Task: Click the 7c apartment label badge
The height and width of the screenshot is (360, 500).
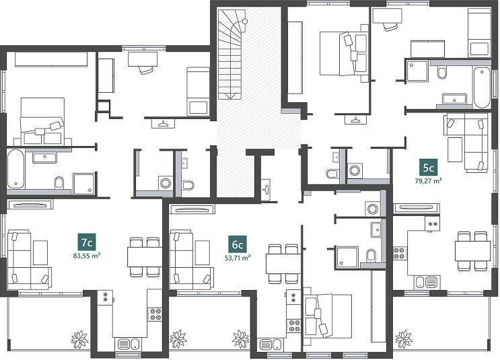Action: (x=87, y=242)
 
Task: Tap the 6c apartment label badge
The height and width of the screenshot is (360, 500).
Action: (x=238, y=244)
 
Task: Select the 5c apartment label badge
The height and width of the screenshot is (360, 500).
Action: (x=428, y=168)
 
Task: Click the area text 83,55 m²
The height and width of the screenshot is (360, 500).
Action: (x=87, y=256)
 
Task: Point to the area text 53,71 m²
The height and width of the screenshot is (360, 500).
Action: (x=238, y=258)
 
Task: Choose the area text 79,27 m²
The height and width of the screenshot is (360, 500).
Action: (x=428, y=181)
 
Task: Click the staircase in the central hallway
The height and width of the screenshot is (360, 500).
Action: (x=231, y=55)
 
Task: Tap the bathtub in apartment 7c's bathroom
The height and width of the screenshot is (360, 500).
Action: (x=15, y=169)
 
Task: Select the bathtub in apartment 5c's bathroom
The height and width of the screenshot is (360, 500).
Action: (x=482, y=87)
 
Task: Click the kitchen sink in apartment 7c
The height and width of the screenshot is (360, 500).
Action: (x=129, y=345)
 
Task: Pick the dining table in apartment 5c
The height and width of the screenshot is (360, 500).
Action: (x=472, y=251)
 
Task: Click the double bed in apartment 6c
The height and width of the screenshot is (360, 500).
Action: (x=328, y=316)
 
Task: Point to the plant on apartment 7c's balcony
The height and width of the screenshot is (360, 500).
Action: (x=79, y=340)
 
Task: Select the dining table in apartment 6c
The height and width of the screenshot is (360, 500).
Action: (x=283, y=264)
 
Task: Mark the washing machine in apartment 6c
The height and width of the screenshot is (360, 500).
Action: (x=372, y=209)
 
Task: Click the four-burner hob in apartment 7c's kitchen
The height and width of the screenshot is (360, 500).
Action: (x=155, y=314)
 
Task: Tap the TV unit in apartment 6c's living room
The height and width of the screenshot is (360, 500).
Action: (x=192, y=209)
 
